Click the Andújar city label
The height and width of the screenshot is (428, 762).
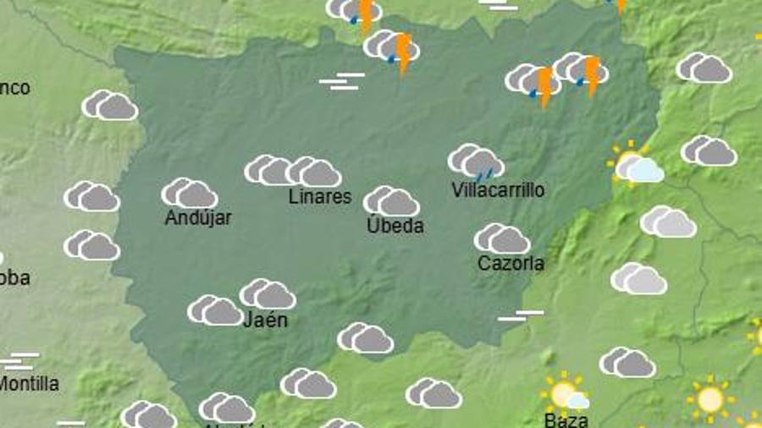point(198,217)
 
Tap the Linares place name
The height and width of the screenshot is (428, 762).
point(319,196)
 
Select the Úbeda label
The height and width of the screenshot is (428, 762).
point(395,226)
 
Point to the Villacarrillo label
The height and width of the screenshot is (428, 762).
point(498,189)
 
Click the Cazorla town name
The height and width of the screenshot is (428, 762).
point(511,263)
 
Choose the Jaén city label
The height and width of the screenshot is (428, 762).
point(265,320)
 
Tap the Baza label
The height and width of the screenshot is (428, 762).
point(566,419)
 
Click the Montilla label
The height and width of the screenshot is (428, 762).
point(30,383)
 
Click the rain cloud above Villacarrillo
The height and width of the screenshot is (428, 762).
point(476,162)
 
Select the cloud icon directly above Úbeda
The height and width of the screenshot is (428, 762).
point(391,201)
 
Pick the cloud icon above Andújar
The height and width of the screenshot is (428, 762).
point(190,193)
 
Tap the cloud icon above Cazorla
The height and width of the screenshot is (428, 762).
point(502,239)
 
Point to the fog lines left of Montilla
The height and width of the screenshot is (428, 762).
point(20,361)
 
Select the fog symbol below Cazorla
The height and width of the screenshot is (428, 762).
point(521,316)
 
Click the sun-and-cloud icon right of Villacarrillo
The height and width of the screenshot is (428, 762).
point(635,164)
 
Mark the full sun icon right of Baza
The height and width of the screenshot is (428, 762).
point(709,398)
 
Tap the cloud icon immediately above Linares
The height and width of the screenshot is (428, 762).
point(313,172)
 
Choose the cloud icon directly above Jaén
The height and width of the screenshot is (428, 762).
point(268,294)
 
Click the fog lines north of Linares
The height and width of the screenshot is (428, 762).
point(342,81)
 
